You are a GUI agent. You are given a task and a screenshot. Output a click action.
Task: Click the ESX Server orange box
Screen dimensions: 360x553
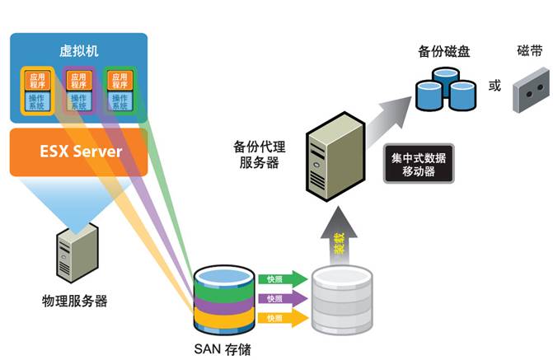(x=78, y=152)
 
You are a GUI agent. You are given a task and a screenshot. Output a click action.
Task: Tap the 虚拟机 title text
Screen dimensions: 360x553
(x=78, y=50)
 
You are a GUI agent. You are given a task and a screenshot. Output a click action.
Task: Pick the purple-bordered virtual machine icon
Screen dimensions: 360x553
(x=78, y=90)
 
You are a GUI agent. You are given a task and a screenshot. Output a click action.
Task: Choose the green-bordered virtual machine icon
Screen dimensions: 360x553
(x=119, y=90)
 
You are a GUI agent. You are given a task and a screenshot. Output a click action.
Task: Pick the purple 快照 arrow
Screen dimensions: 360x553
(x=279, y=297)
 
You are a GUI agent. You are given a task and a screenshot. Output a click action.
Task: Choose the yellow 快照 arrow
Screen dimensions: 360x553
(x=279, y=316)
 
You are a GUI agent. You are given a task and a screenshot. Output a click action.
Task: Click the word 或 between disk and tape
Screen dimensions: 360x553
(x=494, y=85)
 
